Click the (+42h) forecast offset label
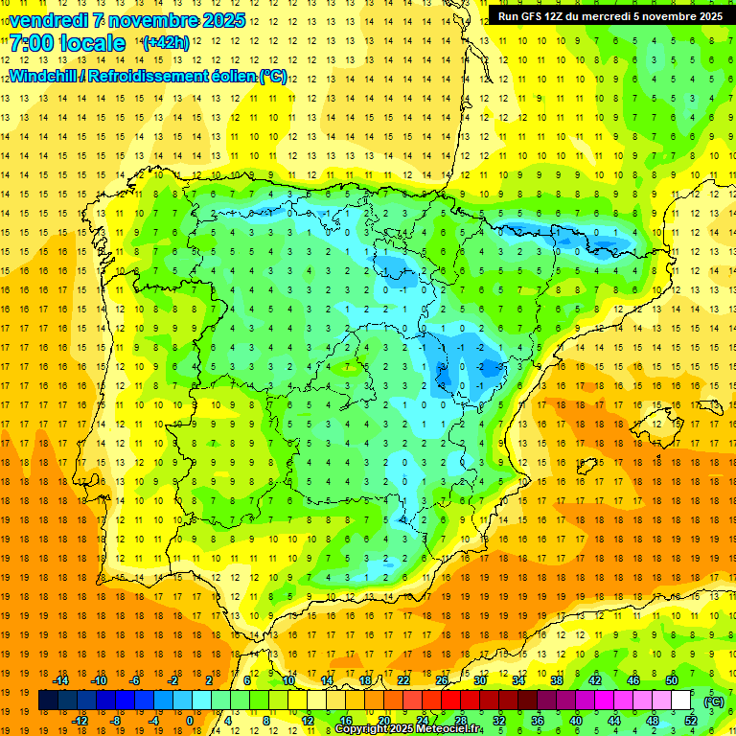165,43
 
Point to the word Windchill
44,77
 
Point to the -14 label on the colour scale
61,680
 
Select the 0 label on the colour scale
189,721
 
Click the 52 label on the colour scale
691,721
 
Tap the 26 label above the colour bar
442,680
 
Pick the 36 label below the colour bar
538,721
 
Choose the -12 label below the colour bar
80,721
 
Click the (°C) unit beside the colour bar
714,701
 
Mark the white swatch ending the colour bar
681,701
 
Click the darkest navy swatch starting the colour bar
48,701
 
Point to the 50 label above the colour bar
672,680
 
